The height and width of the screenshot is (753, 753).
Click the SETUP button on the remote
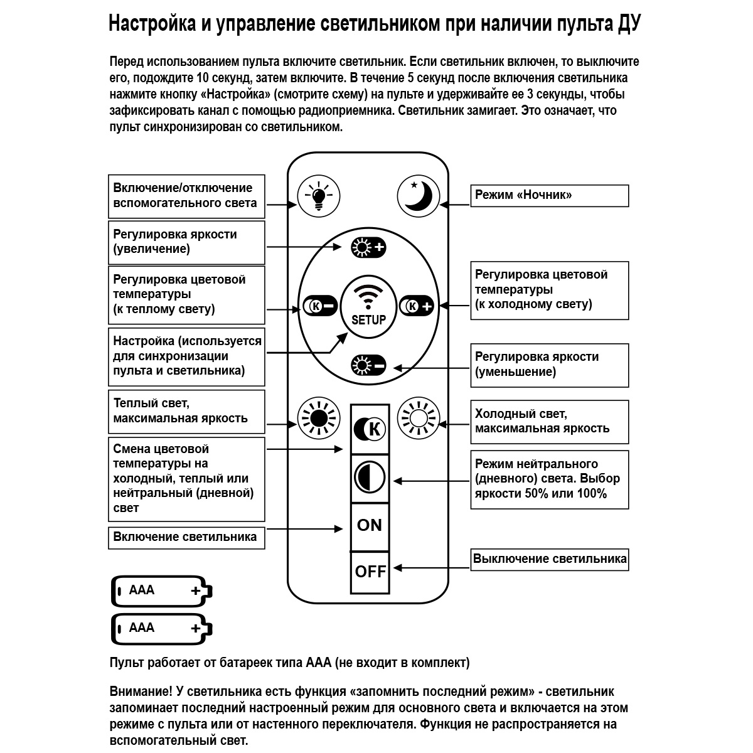(368, 304)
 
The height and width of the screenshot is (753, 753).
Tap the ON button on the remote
(369, 525)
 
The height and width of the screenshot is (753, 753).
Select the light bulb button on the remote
(319, 196)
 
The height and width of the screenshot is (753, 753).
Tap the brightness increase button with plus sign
(368, 247)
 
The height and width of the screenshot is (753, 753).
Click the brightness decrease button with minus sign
(368, 365)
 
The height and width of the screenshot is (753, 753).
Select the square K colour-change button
(370, 429)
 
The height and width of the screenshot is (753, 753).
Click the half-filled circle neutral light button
(370, 478)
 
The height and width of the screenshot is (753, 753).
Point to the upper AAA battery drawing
(162, 591)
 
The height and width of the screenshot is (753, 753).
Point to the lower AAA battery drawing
(162, 629)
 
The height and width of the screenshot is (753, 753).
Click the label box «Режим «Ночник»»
(549, 195)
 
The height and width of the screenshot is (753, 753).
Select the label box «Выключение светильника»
(549, 559)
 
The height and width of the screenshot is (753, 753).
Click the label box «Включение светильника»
(186, 537)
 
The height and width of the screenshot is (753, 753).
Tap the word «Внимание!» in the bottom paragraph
(140, 692)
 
